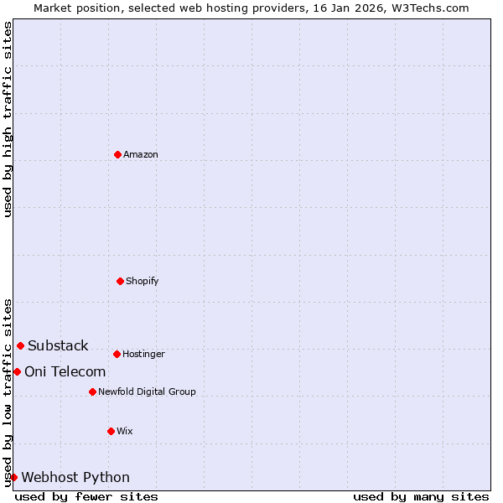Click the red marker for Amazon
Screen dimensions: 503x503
click(x=117, y=154)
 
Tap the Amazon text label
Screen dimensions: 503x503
click(x=141, y=155)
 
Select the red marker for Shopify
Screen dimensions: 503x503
click(x=120, y=281)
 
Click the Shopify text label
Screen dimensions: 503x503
click(x=143, y=282)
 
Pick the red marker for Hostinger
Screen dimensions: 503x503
click(x=117, y=354)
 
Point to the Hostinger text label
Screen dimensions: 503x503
click(x=143, y=355)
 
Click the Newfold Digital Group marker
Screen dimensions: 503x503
click(x=92, y=392)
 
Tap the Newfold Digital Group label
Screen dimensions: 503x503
click(x=147, y=392)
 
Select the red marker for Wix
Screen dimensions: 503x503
click(x=111, y=431)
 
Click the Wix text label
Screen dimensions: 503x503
click(x=125, y=432)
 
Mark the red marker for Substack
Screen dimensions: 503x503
click(x=20, y=345)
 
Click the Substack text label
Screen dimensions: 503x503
click(x=58, y=346)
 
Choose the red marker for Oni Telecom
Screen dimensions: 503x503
click(x=17, y=371)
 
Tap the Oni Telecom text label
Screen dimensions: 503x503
click(x=65, y=372)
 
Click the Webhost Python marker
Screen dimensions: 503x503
click(x=13, y=477)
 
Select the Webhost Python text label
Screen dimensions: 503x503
click(x=75, y=478)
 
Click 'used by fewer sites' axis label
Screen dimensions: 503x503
click(x=86, y=496)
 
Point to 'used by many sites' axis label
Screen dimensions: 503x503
click(x=421, y=496)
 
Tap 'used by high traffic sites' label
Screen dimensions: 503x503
click(x=8, y=119)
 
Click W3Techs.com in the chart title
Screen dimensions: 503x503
click(x=428, y=8)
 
